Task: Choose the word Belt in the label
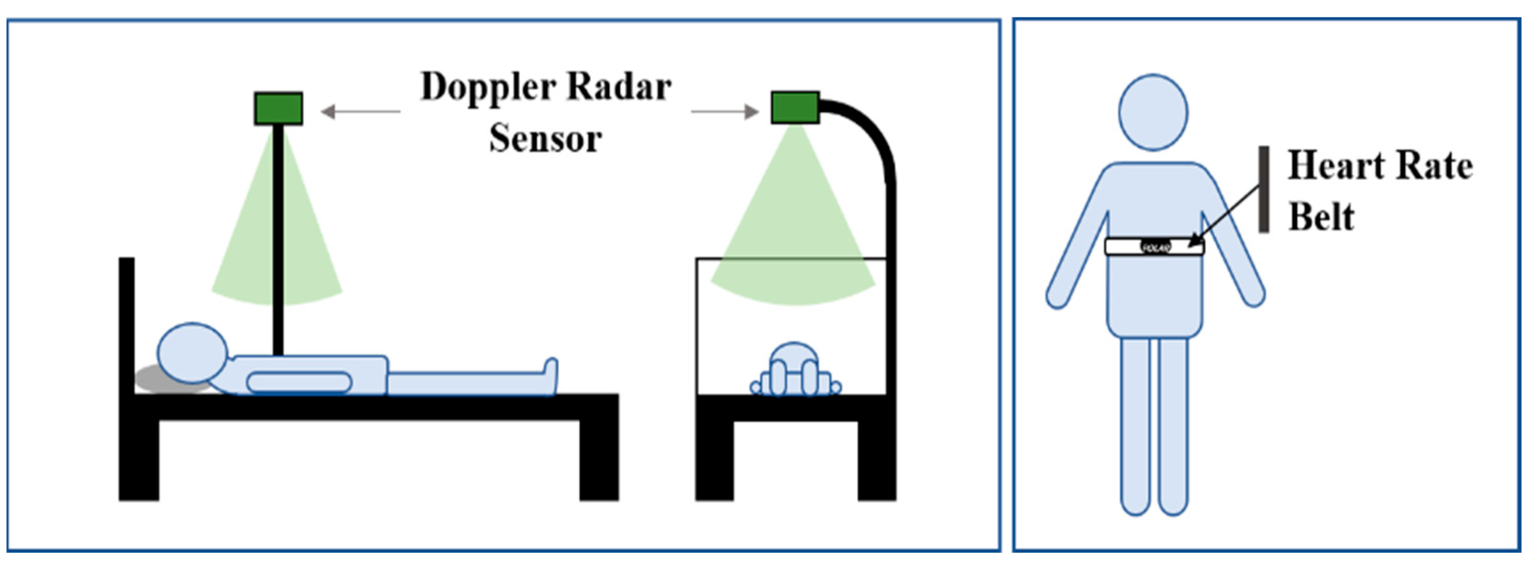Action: [1321, 216]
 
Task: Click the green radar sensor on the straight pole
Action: [278, 108]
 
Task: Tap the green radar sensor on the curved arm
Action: [795, 108]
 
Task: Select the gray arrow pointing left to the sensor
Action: [360, 111]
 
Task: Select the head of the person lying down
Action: [192, 352]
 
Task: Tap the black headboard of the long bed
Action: [127, 321]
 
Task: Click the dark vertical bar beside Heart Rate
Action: [1263, 189]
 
